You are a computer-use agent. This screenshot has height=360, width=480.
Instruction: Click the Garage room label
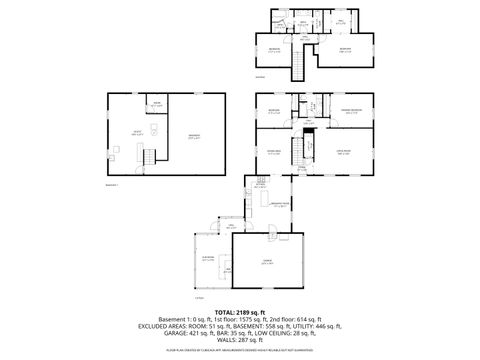pos(267,262)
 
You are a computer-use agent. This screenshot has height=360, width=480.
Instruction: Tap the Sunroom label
pos(208,259)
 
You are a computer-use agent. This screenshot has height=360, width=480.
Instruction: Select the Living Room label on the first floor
pos(342,153)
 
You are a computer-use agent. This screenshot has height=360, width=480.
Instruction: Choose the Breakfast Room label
pos(280,203)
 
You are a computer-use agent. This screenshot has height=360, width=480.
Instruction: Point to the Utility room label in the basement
pos(125,132)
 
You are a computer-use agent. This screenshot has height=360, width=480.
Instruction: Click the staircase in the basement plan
pos(148,158)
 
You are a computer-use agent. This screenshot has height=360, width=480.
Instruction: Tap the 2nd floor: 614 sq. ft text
pos(296,319)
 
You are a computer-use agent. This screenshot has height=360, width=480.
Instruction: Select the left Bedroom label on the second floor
pos(271,49)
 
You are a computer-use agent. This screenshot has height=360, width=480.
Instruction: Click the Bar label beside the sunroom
pos(229,270)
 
